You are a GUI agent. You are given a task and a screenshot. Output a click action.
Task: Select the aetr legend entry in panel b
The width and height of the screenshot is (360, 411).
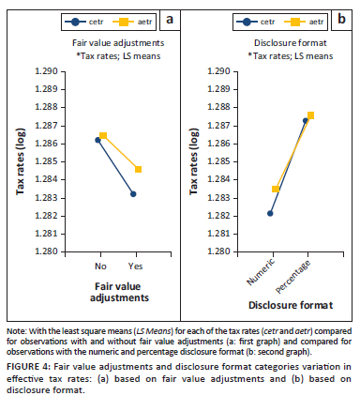click(x=296, y=19)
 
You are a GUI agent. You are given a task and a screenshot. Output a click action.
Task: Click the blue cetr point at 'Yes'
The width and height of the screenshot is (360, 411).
click(x=134, y=194)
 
